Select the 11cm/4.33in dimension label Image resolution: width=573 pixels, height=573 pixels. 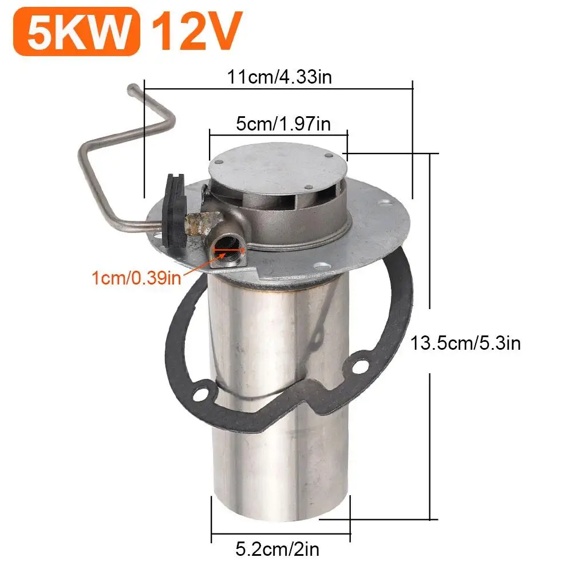[279, 77]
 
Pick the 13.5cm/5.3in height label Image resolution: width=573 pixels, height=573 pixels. [465, 343]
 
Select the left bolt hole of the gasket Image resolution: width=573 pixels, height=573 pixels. [200, 394]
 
